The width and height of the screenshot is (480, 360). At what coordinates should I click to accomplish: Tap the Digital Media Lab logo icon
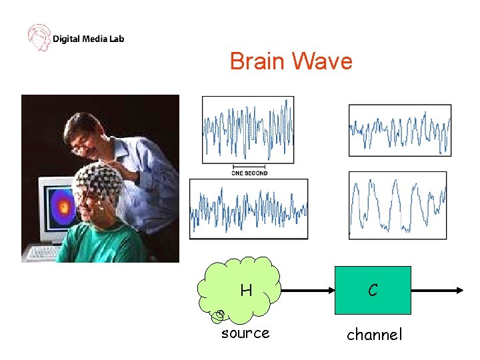(x=38, y=37)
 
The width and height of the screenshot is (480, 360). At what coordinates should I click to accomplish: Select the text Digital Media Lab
(x=88, y=39)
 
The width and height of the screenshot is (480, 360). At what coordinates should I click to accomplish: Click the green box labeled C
(x=373, y=290)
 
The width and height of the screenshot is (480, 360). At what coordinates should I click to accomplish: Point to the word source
(x=245, y=333)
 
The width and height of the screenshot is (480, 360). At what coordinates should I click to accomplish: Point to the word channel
(x=374, y=335)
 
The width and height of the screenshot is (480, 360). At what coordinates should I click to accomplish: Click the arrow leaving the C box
(x=437, y=291)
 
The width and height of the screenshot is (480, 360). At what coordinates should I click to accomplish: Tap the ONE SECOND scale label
(x=249, y=173)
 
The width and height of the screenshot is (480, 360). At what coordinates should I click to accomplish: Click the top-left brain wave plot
(x=248, y=129)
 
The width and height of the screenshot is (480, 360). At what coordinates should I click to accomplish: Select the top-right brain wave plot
(x=399, y=130)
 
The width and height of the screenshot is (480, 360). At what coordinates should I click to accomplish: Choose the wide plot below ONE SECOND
(x=249, y=209)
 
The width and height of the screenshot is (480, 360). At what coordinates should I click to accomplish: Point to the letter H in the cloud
(x=246, y=291)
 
